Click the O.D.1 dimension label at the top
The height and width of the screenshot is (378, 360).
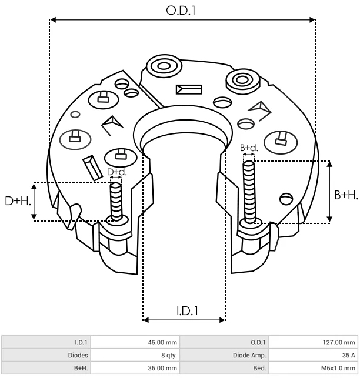(x=181, y=11)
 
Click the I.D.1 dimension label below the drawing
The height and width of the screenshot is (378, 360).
(x=187, y=311)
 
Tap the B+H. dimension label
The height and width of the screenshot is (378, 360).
(x=346, y=195)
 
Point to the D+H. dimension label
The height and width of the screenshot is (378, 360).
(x=18, y=201)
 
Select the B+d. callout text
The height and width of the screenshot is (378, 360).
(x=249, y=148)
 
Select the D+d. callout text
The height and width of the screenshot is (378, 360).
(x=117, y=172)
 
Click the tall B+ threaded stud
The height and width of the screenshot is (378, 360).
(x=249, y=192)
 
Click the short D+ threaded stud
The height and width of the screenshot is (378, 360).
(x=116, y=202)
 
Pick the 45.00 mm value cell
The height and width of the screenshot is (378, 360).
(x=135, y=342)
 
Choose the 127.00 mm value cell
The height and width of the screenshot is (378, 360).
(x=314, y=342)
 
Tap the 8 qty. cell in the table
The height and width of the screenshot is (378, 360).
(x=135, y=355)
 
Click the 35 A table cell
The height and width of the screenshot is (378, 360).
(x=314, y=355)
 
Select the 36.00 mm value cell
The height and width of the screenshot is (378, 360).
(x=135, y=368)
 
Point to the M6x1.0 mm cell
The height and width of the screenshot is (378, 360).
(x=314, y=368)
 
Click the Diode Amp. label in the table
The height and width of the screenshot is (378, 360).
(x=249, y=355)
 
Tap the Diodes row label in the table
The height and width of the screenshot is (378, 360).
(x=78, y=355)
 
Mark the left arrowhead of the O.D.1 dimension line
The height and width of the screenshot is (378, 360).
(x=52, y=20)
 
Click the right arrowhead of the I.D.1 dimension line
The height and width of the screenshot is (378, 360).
(x=222, y=320)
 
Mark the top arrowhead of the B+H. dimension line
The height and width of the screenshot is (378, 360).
(x=329, y=164)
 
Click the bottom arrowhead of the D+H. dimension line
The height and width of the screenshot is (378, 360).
(x=34, y=216)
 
